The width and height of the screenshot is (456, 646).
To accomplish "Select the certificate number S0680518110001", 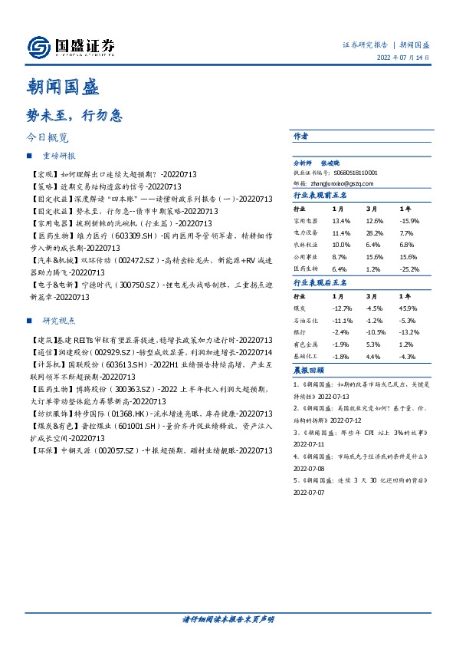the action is [x=353, y=173].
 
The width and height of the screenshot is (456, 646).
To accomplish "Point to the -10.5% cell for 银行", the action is [x=375, y=332].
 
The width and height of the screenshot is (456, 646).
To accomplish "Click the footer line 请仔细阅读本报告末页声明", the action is [x=228, y=618].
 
